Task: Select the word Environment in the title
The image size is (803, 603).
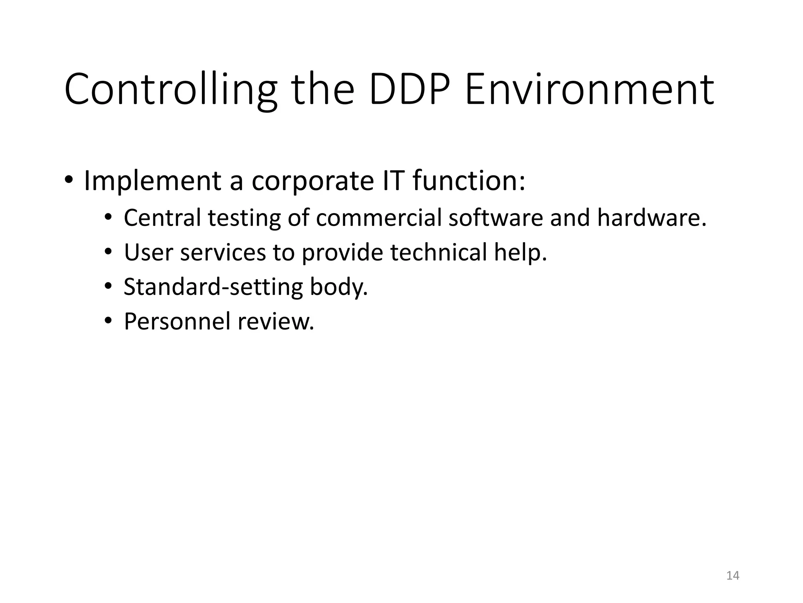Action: pyautogui.click(x=589, y=90)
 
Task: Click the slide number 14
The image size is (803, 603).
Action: pyautogui.click(x=732, y=576)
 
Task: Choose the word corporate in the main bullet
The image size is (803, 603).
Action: pyautogui.click(x=312, y=181)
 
